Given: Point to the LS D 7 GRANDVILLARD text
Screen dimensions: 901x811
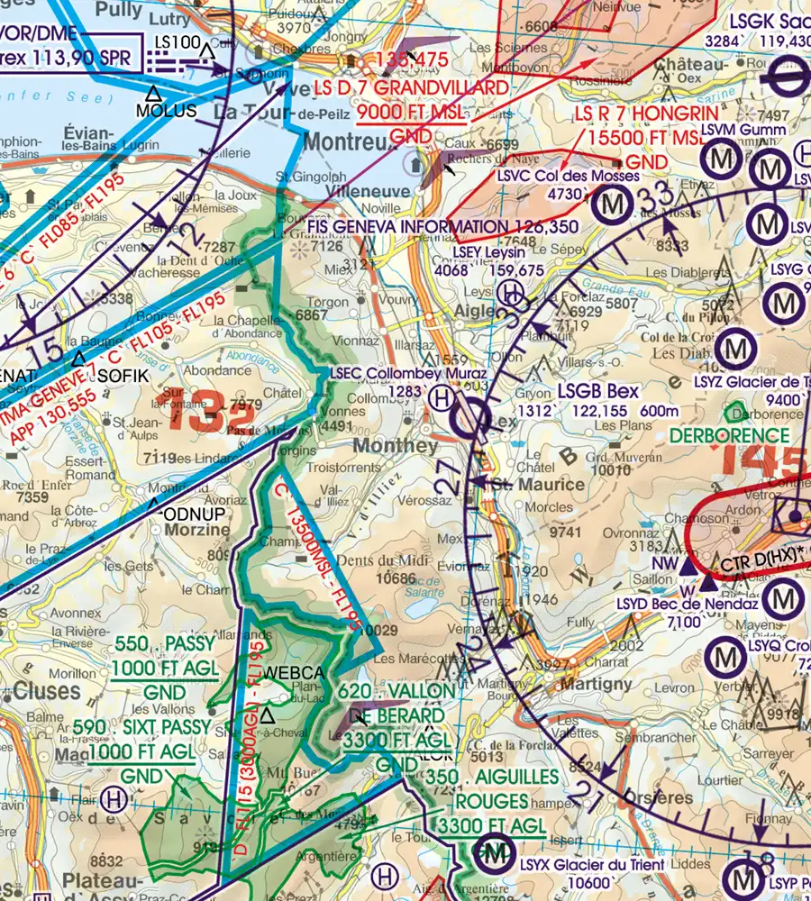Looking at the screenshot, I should (x=411, y=88).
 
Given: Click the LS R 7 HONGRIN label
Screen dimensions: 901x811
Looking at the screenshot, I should (x=647, y=114).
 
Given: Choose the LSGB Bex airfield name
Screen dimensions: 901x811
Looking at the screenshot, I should (x=597, y=391).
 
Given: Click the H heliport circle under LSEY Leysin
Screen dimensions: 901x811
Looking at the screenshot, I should (x=510, y=292).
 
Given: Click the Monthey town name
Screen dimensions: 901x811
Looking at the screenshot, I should (x=396, y=446).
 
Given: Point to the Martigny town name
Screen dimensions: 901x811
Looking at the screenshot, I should (x=596, y=684).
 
